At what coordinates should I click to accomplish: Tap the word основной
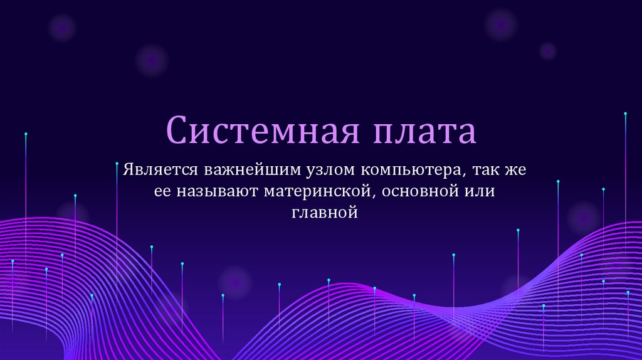point(424,191)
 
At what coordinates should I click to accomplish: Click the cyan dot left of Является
point(117,163)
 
